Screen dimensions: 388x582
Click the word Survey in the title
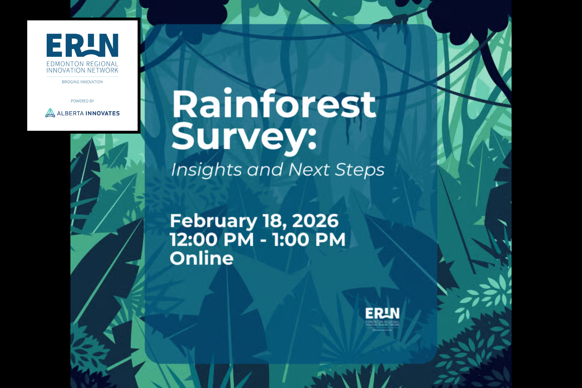pyautogui.click(x=237, y=137)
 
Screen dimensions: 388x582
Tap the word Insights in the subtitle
pyautogui.click(x=206, y=170)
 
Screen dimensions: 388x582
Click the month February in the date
pyautogui.click(x=213, y=221)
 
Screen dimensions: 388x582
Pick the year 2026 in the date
pyautogui.click(x=315, y=221)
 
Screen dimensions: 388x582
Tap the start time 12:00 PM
pyautogui.click(x=212, y=240)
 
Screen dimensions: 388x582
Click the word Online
pyautogui.click(x=202, y=258)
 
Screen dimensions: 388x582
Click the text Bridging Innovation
pyautogui.click(x=82, y=82)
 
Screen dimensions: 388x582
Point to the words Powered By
pyautogui.click(x=82, y=101)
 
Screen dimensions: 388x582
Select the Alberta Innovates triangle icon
pyautogui.click(x=50, y=113)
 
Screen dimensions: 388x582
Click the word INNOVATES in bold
pyautogui.click(x=102, y=114)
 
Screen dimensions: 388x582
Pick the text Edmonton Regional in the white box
pyautogui.click(x=82, y=64)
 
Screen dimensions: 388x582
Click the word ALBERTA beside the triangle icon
pyautogui.click(x=70, y=114)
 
